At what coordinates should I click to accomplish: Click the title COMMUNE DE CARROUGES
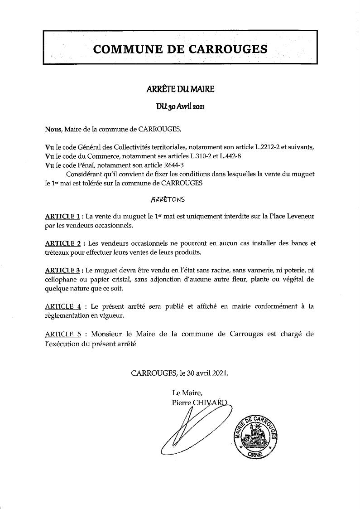[180, 49]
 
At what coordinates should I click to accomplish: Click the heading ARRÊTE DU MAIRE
[180, 89]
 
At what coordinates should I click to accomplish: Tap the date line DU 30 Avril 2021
[180, 107]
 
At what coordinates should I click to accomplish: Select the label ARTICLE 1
[62, 216]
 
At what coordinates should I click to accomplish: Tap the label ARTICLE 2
[62, 243]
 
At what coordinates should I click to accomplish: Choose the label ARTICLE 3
[62, 270]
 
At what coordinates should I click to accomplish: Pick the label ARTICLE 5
[63, 334]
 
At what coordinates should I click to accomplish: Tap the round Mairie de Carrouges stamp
[255, 436]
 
